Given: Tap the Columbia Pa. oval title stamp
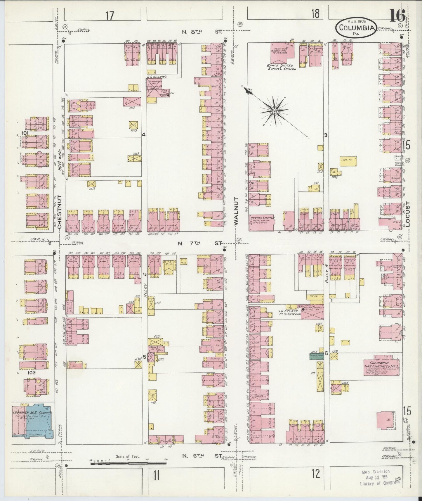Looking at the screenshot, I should coord(356,28).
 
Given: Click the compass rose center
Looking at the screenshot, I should coord(275,111).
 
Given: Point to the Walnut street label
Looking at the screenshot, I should coord(236,210).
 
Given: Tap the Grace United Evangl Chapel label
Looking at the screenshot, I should coord(281,67).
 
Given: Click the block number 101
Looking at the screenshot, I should coord(25,133).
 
